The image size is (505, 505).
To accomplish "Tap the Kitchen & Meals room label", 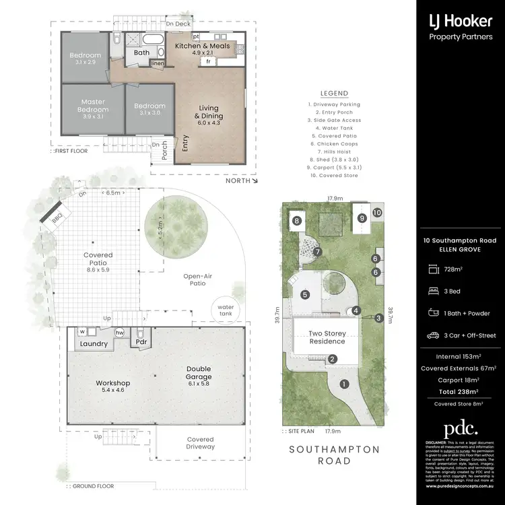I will (x=203, y=46).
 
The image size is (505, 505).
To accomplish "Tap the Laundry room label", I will (x=94, y=344).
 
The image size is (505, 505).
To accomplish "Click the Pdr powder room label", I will (x=141, y=341).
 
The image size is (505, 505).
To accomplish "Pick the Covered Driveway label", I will (x=200, y=443).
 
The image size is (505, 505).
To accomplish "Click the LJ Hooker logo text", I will (x=460, y=21).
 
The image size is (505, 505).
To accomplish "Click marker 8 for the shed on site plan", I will (x=296, y=220).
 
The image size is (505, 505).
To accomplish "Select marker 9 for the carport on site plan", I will (x=362, y=217).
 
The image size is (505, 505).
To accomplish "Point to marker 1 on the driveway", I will (x=344, y=384).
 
